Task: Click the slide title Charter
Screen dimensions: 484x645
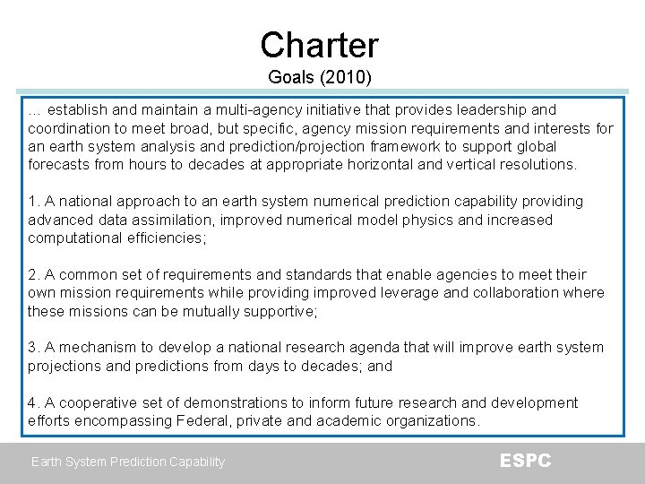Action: tap(319, 45)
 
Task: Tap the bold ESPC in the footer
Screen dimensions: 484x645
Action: tap(525, 461)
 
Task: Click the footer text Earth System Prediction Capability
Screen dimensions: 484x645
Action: tap(128, 462)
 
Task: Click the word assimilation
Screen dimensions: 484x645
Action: tap(178, 220)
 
